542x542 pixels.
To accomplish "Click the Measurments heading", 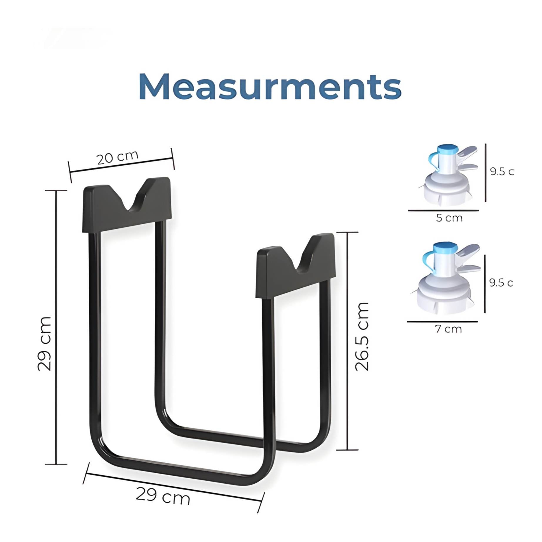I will pos(270,87).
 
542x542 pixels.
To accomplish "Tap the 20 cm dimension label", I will pos(117,158).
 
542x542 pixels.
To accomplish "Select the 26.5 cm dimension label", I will pos(362,336).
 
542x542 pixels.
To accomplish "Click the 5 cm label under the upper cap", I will pos(449,218).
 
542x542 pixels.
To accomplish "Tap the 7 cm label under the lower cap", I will pos(448,329).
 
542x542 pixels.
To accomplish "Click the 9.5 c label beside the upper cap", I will pos(502,171).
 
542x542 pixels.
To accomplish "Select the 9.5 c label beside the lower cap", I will pos(501,282).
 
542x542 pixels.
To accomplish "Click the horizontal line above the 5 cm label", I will pos(443,210).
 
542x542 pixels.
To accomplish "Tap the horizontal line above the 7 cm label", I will pos(442,321).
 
